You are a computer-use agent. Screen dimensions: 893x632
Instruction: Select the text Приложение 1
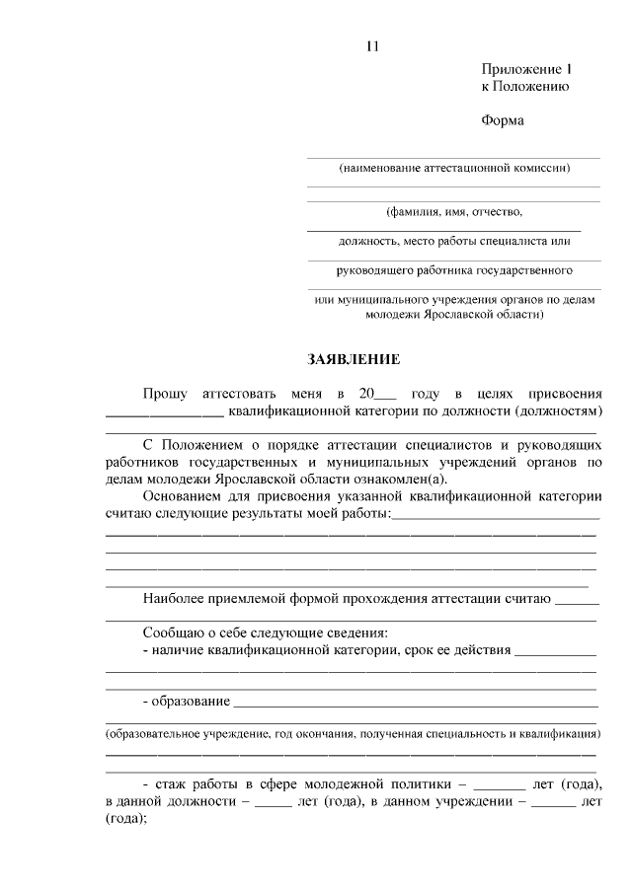click(x=526, y=70)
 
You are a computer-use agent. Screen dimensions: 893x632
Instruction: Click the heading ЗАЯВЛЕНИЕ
click(x=353, y=359)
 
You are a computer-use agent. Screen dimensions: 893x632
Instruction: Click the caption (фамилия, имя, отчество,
click(x=453, y=211)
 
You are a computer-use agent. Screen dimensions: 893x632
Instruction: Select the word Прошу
click(x=165, y=394)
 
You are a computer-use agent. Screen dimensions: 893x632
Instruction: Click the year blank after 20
click(x=384, y=397)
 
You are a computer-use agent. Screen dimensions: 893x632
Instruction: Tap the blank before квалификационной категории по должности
click(x=164, y=413)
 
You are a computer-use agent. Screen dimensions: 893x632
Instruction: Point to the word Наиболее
click(x=174, y=598)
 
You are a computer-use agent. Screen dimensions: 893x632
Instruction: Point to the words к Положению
click(x=524, y=87)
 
